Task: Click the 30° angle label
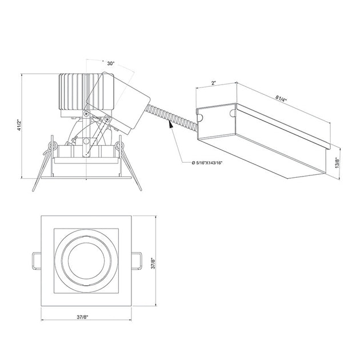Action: [x=111, y=63]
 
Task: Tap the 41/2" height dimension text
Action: [x=19, y=125]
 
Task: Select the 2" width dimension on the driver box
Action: [x=214, y=83]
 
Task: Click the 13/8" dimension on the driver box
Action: [x=337, y=162]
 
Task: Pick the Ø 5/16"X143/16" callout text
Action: [x=207, y=163]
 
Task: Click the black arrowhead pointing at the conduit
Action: [x=171, y=125]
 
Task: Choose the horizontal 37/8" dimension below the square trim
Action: [x=82, y=317]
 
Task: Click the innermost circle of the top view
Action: [x=86, y=261]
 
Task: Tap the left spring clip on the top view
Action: [x=36, y=261]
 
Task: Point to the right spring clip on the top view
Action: [x=137, y=261]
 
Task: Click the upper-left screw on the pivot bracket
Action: [x=86, y=113]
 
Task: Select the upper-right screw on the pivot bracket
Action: [x=107, y=119]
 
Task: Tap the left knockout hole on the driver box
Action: [x=200, y=118]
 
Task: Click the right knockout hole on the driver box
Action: [x=233, y=113]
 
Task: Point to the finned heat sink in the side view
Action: [x=86, y=91]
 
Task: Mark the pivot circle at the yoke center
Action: [x=86, y=141]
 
